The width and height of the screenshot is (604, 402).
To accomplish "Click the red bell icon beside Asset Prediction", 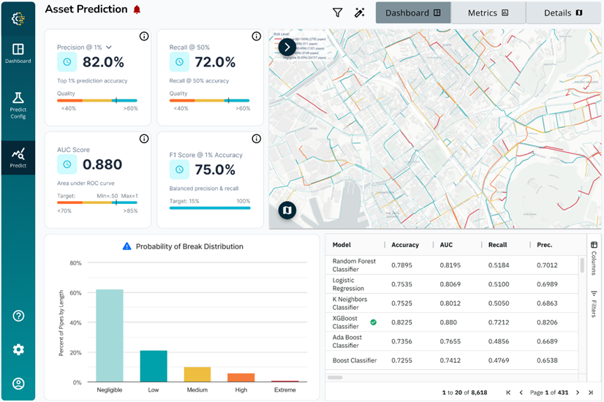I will (137, 10).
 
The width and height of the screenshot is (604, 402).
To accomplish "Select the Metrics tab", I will (488, 12).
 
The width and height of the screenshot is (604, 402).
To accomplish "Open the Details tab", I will (563, 12).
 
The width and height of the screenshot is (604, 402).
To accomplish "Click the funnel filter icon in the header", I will (337, 12).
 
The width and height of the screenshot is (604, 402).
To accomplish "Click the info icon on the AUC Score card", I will (144, 139).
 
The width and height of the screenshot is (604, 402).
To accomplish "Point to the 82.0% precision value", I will (103, 62).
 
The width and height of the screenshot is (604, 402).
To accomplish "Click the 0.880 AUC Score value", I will (102, 164).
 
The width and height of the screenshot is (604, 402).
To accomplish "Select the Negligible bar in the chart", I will (110, 335).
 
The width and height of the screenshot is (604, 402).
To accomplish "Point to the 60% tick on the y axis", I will (75, 292).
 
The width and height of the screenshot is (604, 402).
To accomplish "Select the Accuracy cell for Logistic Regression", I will (406, 284).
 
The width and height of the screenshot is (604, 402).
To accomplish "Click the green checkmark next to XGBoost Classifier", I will (374, 322).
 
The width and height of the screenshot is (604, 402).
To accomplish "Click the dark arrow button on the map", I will (287, 48).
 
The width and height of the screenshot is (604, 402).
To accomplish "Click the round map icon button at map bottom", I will (287, 211).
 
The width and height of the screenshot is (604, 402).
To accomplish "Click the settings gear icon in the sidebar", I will (18, 349).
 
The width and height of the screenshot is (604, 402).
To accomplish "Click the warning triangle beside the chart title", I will (127, 246).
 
